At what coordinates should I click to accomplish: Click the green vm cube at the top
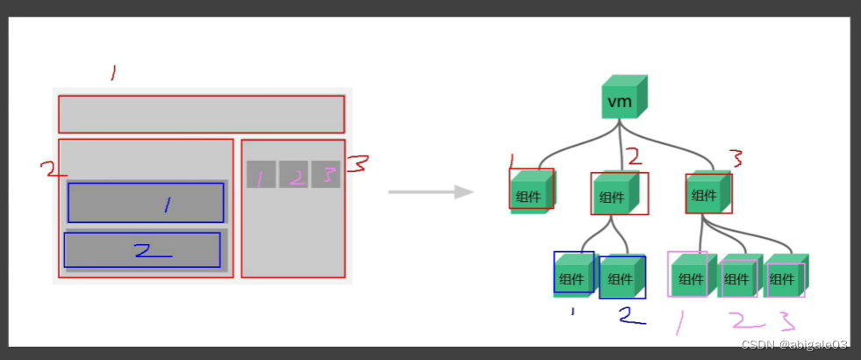pyautogui.click(x=623, y=98)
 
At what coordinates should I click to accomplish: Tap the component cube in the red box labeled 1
pyautogui.click(x=531, y=192)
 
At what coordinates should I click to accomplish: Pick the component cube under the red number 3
pyautogui.click(x=707, y=192)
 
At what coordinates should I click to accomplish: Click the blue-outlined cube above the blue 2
pyautogui.click(x=622, y=277)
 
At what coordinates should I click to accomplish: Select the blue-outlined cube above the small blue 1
pyautogui.click(x=574, y=275)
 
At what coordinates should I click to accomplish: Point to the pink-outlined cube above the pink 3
pyautogui.click(x=785, y=277)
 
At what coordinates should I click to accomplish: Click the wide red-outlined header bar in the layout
pyautogui.click(x=201, y=114)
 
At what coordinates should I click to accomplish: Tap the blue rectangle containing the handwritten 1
pyautogui.click(x=146, y=203)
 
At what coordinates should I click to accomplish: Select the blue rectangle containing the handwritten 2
pyautogui.click(x=142, y=250)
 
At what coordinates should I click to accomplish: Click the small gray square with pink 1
pyautogui.click(x=261, y=175)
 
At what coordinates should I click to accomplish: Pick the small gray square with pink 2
pyautogui.click(x=294, y=175)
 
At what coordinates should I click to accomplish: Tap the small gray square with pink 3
pyautogui.click(x=325, y=175)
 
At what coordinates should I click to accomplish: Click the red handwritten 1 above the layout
pyautogui.click(x=112, y=73)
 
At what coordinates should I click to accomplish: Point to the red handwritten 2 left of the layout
pyautogui.click(x=53, y=168)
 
